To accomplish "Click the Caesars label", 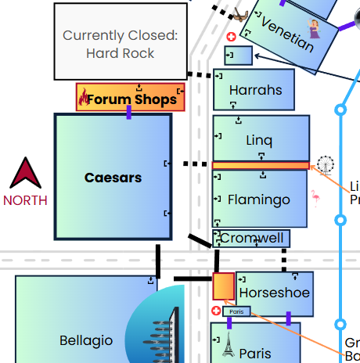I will [x=113, y=178].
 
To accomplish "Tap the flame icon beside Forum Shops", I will [x=84, y=98].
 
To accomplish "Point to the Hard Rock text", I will [x=120, y=53].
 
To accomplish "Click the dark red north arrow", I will [x=24, y=174].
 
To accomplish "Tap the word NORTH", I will [x=25, y=200].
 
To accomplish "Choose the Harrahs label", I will [x=255, y=90].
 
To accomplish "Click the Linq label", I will [x=259, y=141].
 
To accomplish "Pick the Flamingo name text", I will [x=258, y=199].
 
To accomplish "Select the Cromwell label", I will [x=251, y=238].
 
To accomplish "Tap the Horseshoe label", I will [x=274, y=293].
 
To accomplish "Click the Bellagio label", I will [x=86, y=340].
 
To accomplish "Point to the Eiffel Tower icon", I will [x=227, y=346].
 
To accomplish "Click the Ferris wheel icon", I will [x=325, y=165].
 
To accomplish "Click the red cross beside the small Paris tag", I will [x=216, y=311].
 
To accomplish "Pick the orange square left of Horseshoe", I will [x=223, y=286].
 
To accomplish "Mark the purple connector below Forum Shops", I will [x=129, y=113].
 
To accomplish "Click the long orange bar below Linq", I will [x=261, y=166].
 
